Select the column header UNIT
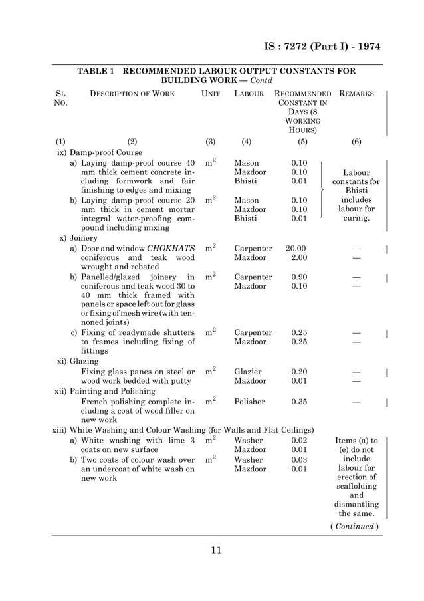point(211,94)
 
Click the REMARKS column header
point(356,94)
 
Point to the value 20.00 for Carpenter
point(296,249)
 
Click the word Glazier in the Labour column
point(248,372)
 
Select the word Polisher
point(249,402)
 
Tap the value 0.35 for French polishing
point(300,402)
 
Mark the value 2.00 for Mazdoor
point(300,258)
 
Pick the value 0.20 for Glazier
point(300,372)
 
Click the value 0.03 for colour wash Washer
point(300,459)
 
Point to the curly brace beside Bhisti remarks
point(322,190)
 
